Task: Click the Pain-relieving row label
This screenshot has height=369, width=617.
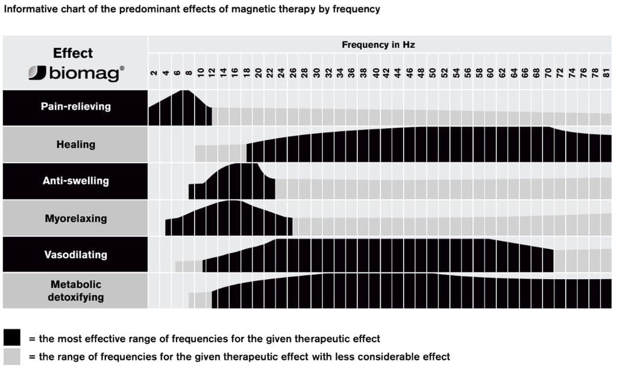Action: click(76, 107)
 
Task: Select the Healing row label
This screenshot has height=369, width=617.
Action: click(76, 144)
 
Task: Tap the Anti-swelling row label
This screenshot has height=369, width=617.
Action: click(76, 180)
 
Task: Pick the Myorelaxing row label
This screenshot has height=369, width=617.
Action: click(76, 218)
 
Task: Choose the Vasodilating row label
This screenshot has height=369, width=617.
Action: click(76, 254)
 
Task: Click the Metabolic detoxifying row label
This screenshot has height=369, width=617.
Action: click(76, 291)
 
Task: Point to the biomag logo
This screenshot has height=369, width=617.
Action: click(76, 74)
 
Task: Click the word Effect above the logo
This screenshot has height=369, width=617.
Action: click(73, 53)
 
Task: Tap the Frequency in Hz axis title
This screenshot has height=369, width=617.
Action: click(378, 45)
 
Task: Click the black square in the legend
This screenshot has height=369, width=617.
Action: click(11, 338)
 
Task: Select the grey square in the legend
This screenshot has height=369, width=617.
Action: click(11, 356)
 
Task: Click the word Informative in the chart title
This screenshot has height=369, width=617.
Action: click(28, 10)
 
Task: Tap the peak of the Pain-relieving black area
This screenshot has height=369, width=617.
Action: click(186, 92)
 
